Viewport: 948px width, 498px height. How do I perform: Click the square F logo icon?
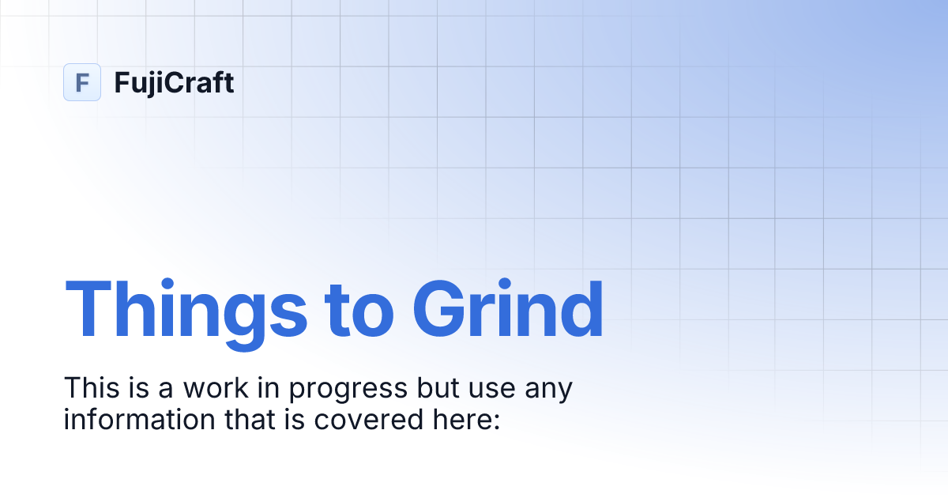pyautogui.click(x=82, y=82)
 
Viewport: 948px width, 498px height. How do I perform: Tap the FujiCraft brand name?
pyautogui.click(x=174, y=82)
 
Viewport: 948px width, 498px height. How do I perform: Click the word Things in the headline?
pyautogui.click(x=186, y=309)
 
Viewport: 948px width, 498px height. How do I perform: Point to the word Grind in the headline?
pyautogui.click(x=508, y=309)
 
